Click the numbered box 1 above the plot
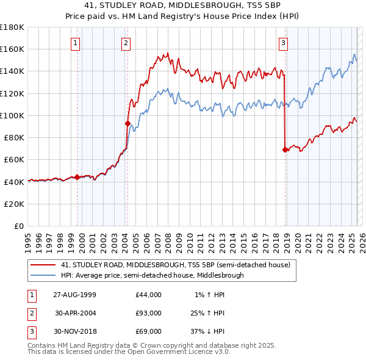[74, 43]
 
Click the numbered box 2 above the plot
[125, 43]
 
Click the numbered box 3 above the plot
[284, 43]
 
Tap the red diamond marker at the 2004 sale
[127, 123]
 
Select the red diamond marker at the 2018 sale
[285, 149]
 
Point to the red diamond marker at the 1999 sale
[77, 177]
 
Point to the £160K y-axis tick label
[12, 49]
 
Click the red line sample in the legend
[43, 265]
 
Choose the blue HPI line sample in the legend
[43, 275]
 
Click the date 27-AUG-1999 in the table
[74, 295]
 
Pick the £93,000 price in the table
[149, 313]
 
